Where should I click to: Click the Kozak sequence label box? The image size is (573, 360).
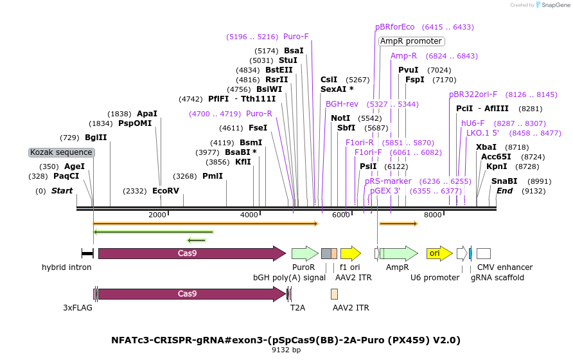pos(62,152)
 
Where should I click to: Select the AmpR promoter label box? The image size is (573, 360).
pos(411,41)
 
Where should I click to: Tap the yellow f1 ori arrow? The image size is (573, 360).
pos(351,253)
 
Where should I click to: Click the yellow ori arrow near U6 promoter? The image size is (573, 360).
pos(439,253)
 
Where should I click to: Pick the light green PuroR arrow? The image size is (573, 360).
pos(305,253)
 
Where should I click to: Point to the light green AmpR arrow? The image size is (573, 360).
pos(399,253)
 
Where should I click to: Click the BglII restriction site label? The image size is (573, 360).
pos(96,138)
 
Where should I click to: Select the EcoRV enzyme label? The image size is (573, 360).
pos(166,191)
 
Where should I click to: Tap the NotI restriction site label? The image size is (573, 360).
pos(340,118)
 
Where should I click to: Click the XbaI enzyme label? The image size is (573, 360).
pos(486,147)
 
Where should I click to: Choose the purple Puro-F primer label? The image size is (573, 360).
pos(296,37)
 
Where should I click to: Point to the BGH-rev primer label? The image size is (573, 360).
pos(342,104)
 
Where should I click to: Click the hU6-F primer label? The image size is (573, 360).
pos(473,123)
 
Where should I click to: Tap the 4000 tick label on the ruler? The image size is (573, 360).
pos(249,215)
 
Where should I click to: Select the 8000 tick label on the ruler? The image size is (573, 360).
pos(433,215)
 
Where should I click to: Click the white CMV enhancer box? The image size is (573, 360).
pos(484,253)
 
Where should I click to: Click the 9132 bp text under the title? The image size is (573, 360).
pos(286,350)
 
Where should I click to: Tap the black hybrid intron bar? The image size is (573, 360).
pos(88,253)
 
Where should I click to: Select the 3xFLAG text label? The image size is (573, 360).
pos(78,308)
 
